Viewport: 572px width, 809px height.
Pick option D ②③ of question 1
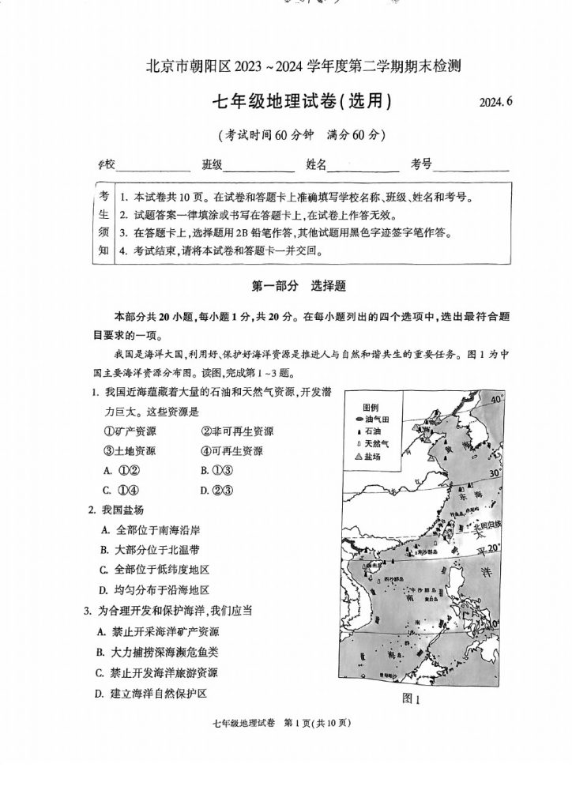coord(215,490)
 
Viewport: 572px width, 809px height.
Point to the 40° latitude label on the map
coord(495,401)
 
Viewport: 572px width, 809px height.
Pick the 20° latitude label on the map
coord(494,547)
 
